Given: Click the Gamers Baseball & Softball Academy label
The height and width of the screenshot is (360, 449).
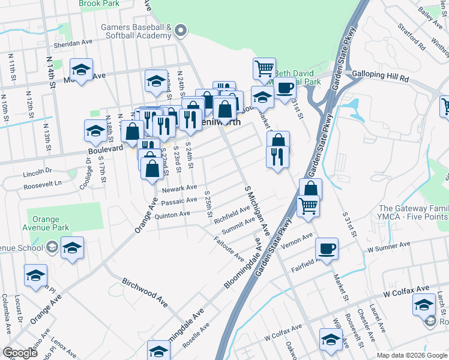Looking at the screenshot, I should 137,31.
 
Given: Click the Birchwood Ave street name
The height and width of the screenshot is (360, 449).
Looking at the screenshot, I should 144,289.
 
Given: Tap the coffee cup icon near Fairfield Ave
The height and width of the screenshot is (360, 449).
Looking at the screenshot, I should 327,248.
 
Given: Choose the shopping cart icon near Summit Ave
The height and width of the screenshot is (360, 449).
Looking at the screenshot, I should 308,206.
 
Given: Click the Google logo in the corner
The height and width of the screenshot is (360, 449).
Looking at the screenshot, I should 20,353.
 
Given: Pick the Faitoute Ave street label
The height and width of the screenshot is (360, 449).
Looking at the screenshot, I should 229,249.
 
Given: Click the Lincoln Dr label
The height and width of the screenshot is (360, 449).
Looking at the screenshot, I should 38,173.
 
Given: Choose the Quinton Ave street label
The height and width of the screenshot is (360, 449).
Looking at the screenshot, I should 172,214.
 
